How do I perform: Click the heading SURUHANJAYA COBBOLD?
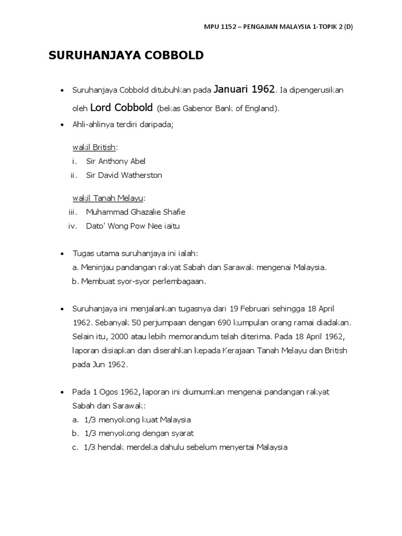126,55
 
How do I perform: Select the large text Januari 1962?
245,90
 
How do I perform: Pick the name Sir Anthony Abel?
116,161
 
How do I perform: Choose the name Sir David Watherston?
124,175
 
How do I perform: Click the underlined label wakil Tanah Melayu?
108,198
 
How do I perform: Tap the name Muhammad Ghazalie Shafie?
136,212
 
